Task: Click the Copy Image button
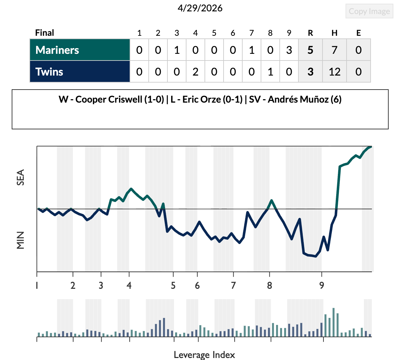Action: [x=369, y=11]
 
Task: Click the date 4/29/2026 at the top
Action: [x=200, y=8]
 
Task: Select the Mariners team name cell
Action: [x=80, y=50]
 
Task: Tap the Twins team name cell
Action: [x=80, y=72]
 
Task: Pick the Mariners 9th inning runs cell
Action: [x=289, y=50]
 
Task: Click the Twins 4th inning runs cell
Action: [x=195, y=72]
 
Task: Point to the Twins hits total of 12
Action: [x=334, y=72]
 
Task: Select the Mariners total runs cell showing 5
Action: [x=310, y=50]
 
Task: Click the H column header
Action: [x=334, y=33]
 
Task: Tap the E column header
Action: [x=358, y=33]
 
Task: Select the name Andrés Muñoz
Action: [x=298, y=99]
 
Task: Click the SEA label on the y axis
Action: [x=21, y=177]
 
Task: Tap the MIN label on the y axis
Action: [x=21, y=240]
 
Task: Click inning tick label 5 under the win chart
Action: [x=173, y=285]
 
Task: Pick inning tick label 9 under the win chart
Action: [x=321, y=285]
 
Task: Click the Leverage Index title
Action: [x=204, y=355]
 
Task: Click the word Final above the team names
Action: [x=44, y=33]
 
